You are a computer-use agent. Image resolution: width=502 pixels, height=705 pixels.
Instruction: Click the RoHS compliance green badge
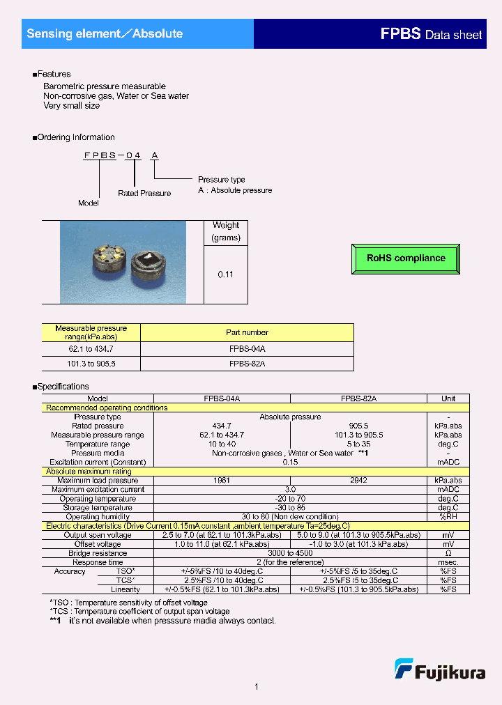click(x=406, y=258)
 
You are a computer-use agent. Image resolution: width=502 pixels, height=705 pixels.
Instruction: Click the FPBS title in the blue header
click(x=400, y=33)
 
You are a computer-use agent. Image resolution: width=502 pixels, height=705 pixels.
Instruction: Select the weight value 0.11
click(x=225, y=274)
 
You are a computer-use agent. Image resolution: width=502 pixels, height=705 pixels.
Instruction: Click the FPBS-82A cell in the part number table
click(x=247, y=364)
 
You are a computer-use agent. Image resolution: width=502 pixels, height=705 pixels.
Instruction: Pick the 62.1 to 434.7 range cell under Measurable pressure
click(x=91, y=348)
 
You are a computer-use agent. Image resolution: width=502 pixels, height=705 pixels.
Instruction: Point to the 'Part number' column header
click(x=247, y=332)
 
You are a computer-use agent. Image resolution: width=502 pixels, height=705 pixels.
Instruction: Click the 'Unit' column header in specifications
click(x=448, y=398)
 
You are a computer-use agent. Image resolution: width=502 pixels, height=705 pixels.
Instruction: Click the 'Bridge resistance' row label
click(x=98, y=553)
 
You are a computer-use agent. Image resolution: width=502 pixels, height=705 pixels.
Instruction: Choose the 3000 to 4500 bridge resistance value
click(x=289, y=553)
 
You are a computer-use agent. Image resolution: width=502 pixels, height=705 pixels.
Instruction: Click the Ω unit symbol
click(x=448, y=553)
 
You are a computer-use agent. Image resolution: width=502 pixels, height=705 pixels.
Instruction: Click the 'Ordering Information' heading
click(x=75, y=137)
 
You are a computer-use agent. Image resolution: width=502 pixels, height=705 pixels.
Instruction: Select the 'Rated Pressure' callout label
click(x=144, y=193)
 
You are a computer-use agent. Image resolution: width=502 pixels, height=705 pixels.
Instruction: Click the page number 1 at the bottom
click(x=257, y=687)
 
